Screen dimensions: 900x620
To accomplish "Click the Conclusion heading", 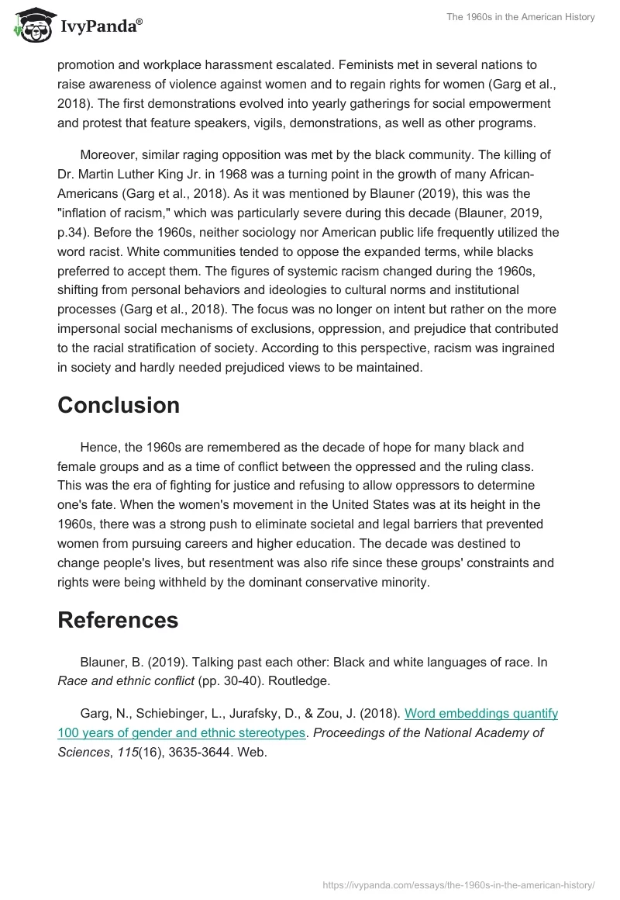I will click(119, 405).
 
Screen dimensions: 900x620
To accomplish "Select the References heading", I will click(118, 620).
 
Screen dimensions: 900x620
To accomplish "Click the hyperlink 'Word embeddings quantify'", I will click(481, 713).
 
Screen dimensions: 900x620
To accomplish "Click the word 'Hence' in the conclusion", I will click(96, 448).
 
